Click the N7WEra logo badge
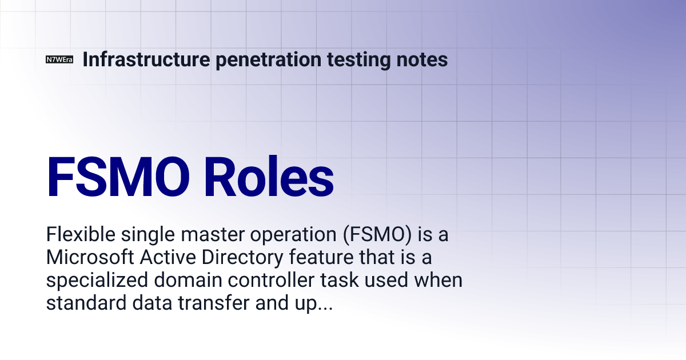coord(59,60)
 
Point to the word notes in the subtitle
coord(424,59)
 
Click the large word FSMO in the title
coord(118,178)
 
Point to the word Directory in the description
coord(240,258)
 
